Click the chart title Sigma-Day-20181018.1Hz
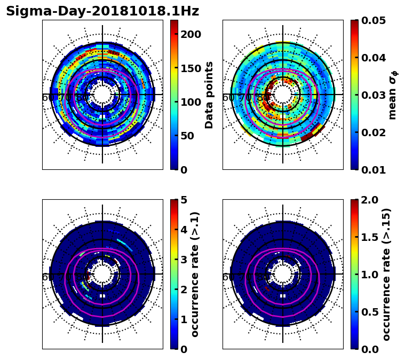tap(102, 11)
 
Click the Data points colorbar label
tap(209, 95)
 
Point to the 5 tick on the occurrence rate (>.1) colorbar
tap(183, 200)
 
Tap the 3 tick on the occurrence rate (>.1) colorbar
tap(183, 260)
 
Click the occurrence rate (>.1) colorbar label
tap(195, 274)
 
